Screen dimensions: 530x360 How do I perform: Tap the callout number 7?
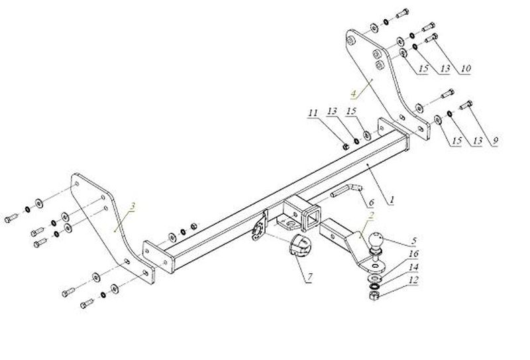(309, 278)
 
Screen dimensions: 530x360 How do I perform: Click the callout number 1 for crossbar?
(392, 200)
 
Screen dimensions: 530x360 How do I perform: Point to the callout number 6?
(372, 202)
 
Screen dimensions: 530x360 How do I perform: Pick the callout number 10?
(465, 68)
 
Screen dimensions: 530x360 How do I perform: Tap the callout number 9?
(495, 141)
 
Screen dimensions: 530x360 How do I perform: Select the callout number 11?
(313, 112)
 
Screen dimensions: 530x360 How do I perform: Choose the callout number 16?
(413, 253)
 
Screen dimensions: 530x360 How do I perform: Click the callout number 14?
(413, 267)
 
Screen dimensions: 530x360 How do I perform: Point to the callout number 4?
(354, 93)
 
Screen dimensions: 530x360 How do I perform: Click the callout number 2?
(371, 215)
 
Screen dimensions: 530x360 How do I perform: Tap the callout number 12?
(413, 280)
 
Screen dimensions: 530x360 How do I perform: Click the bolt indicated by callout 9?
(466, 105)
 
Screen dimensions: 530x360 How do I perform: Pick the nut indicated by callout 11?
(345, 147)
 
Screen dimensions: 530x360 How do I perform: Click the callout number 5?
(413, 241)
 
